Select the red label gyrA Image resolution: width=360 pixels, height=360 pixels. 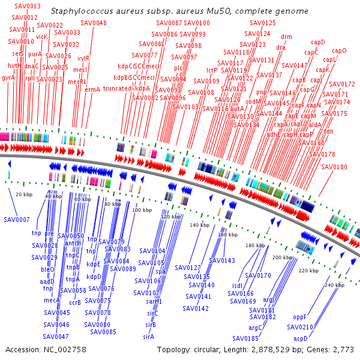8,78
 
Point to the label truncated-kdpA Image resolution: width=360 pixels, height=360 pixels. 126,89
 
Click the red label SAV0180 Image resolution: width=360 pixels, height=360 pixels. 334,167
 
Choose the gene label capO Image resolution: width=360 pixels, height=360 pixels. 339,51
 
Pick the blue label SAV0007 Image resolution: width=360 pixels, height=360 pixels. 16,220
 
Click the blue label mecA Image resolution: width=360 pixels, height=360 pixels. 52,299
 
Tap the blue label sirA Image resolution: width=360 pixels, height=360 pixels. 149,337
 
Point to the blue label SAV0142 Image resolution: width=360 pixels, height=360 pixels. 196,308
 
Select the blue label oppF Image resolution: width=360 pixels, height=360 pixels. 300,316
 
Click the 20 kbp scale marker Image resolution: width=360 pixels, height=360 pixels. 24,194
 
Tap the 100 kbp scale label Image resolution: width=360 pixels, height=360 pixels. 142,210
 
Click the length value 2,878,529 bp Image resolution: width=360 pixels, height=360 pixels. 270,349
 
